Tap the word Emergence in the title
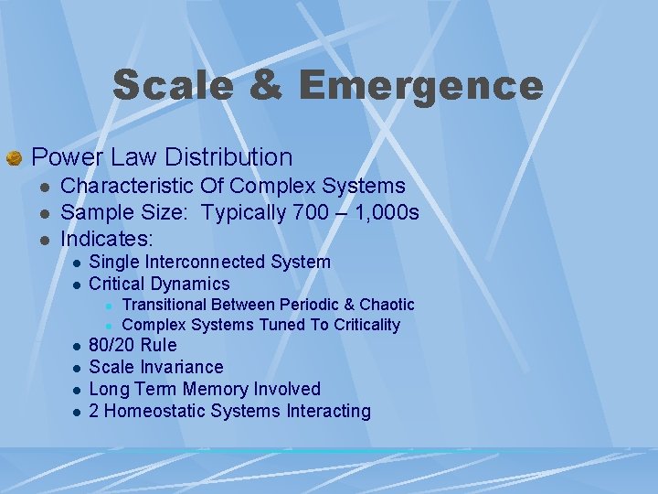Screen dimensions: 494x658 (x=420, y=86)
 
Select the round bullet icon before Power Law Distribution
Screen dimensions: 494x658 (x=14, y=159)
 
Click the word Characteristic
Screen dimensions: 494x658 (x=127, y=187)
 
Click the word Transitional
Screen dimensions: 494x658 (x=173, y=305)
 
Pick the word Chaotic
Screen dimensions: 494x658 (x=387, y=305)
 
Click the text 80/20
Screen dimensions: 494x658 (x=114, y=345)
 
